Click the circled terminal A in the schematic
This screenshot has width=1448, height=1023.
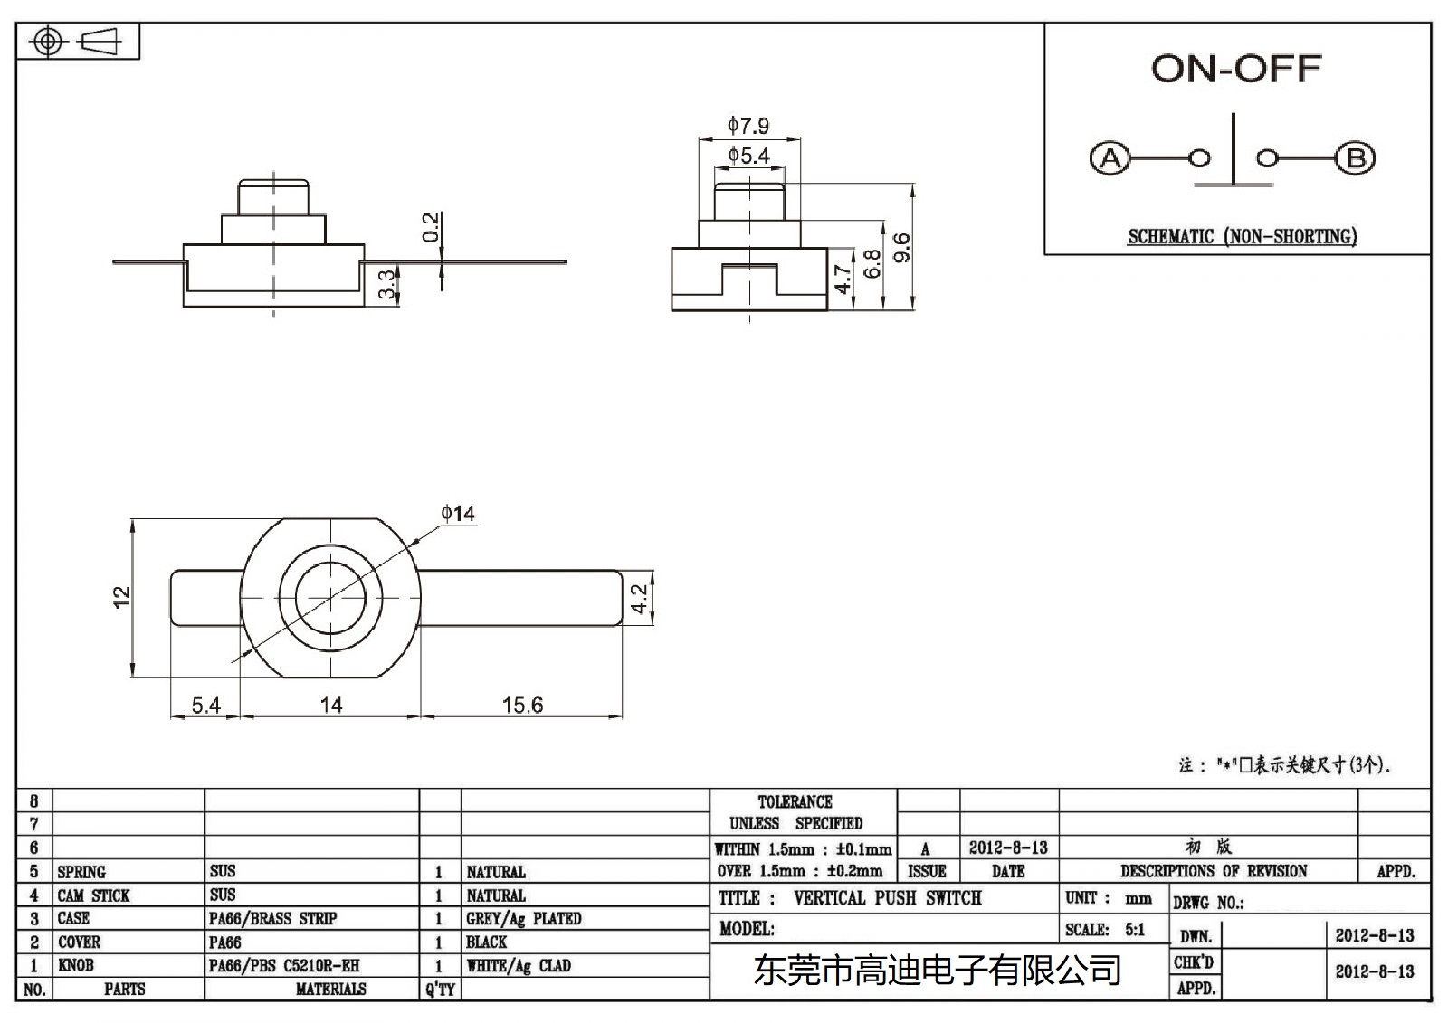[x=1110, y=159]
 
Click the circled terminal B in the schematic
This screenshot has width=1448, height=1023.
[x=1355, y=159]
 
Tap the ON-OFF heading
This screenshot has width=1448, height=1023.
[x=1236, y=69]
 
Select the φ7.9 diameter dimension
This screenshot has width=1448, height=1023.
[x=748, y=125]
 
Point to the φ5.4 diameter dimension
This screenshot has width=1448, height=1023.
[x=748, y=156]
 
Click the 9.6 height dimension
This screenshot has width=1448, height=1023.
[x=901, y=247]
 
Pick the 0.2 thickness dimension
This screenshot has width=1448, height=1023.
[x=431, y=226]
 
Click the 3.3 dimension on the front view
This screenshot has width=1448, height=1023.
[x=386, y=284]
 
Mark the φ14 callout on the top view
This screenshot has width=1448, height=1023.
[x=458, y=514]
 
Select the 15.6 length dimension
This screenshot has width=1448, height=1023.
[x=522, y=705]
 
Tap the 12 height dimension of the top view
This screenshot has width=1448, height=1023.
[x=121, y=597]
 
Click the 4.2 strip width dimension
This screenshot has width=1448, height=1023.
[x=640, y=598]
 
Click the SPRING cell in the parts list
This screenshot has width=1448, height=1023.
[x=81, y=872]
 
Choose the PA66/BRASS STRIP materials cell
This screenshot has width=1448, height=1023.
[x=272, y=919]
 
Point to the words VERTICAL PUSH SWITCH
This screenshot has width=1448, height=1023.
[x=887, y=898]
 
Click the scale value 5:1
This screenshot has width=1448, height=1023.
[x=1135, y=929]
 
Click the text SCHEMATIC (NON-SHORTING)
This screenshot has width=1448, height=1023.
[x=1242, y=237]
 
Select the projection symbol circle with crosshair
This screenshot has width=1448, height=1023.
[x=49, y=42]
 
